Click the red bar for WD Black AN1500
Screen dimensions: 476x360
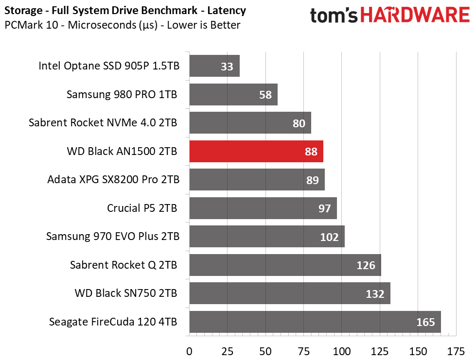pos(256,152)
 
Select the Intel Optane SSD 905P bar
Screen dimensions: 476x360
pos(214,66)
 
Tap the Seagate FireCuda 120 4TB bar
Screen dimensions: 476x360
pos(315,322)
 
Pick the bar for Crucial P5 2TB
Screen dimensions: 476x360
pos(263,208)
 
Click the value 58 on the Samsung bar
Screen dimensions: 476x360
pos(265,95)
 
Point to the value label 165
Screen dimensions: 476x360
pos(425,322)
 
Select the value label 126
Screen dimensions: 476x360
pos(366,265)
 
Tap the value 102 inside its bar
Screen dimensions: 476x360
pos(329,237)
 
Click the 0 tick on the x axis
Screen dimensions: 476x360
pos(189,352)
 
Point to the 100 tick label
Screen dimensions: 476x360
pos(341,352)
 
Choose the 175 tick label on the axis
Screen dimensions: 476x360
pos(456,352)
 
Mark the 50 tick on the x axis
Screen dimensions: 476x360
pos(265,352)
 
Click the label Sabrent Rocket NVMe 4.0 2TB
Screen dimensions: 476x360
pos(103,123)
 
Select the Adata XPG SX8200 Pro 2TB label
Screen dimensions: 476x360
pos(113,180)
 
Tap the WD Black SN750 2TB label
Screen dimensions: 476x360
pos(126,293)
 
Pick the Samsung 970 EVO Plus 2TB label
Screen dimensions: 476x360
pos(113,236)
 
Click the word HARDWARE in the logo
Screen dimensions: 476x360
pos(415,15)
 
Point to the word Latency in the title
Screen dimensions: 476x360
pos(227,11)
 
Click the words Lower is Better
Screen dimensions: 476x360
pos(203,25)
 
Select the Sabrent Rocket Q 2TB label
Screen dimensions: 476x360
pos(123,265)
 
